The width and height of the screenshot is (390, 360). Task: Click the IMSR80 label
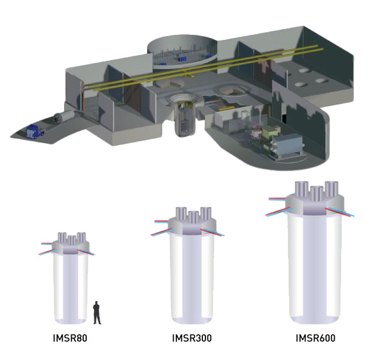70,338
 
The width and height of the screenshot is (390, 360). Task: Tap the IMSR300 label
192,338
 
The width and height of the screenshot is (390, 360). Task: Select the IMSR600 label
315,338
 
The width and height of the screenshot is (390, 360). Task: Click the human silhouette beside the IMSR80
97,312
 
